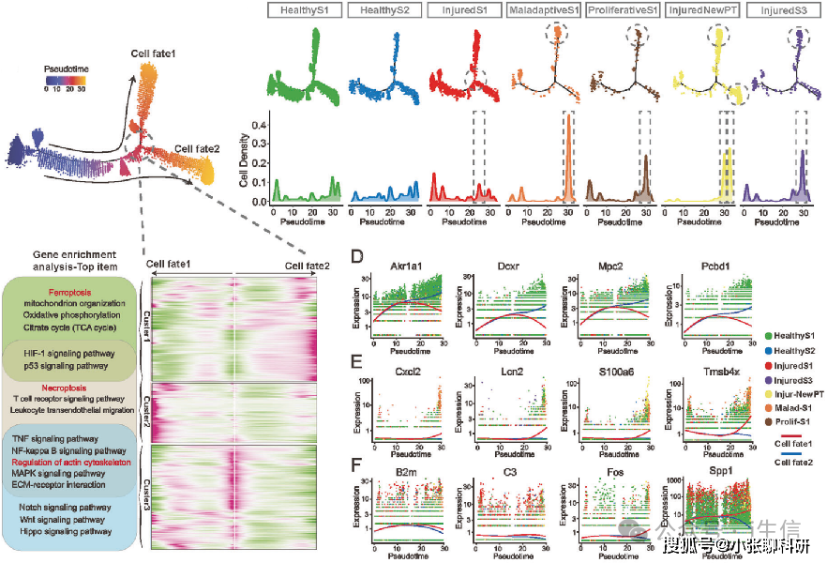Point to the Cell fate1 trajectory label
159,58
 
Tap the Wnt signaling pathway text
63,519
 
